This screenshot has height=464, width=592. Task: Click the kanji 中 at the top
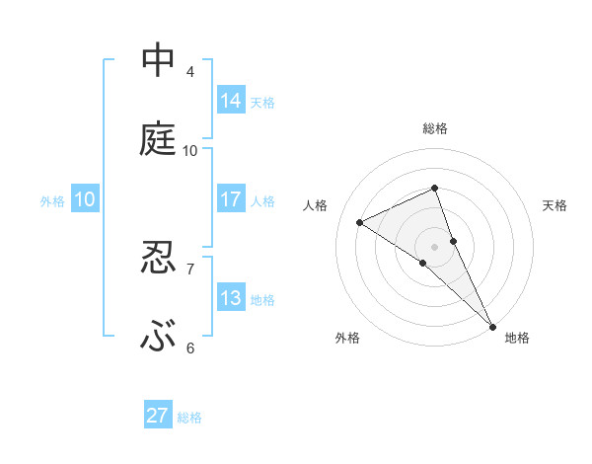tap(158, 60)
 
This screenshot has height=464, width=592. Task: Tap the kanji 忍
tap(158, 258)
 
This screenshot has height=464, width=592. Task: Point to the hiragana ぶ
tap(158, 338)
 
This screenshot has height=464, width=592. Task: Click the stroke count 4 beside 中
tap(190, 71)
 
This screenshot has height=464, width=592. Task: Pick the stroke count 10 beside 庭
tap(190, 150)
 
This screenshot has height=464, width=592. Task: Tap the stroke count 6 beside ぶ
tap(190, 348)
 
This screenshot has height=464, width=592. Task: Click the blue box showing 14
tap(231, 100)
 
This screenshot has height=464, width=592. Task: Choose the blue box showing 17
tap(231, 198)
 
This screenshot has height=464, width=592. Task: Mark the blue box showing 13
tap(231, 297)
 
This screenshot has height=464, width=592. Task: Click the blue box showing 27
tap(158, 416)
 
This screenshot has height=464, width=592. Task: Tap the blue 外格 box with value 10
tap(85, 198)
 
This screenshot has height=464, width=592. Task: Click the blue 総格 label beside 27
tap(190, 418)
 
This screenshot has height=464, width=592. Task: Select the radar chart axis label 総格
tap(435, 128)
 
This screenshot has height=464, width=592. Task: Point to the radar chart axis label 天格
tap(555, 205)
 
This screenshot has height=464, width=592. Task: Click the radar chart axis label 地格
tap(517, 338)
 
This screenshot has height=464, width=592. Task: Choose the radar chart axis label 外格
tap(347, 338)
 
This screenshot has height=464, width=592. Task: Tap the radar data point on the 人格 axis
tap(360, 222)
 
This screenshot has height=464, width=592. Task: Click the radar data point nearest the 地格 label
tap(492, 325)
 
